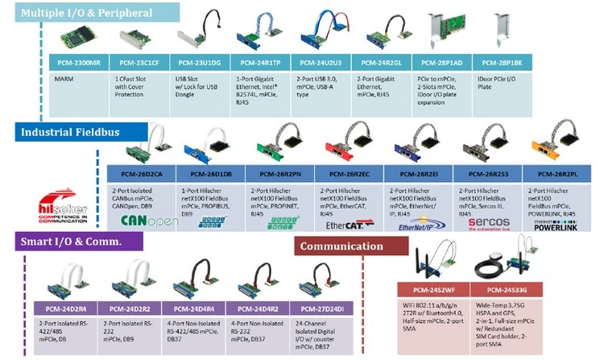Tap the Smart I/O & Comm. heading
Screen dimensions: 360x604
(70, 242)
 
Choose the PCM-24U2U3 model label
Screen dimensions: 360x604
(320, 62)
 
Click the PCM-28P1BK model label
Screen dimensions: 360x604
(502, 62)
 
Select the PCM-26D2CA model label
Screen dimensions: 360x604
(142, 172)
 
